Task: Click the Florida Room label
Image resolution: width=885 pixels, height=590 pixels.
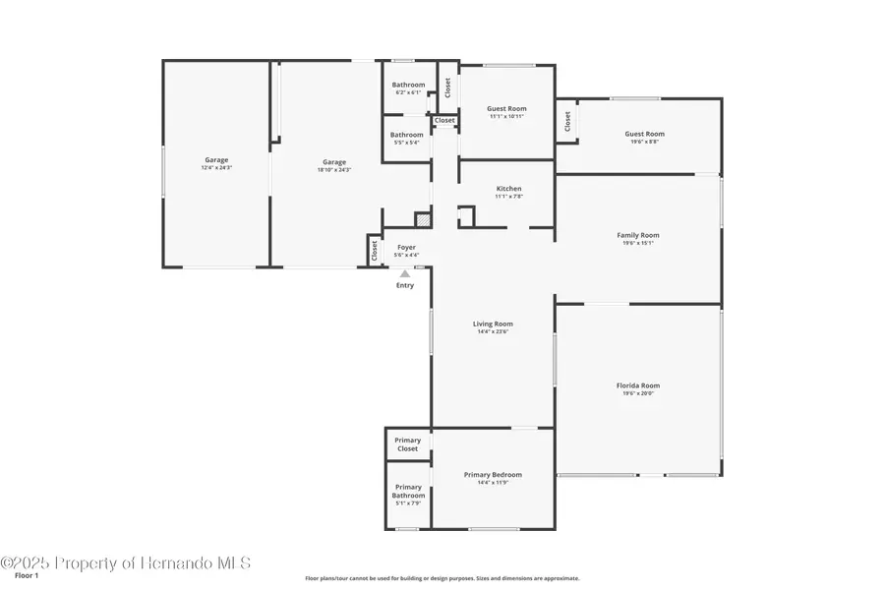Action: click(637, 386)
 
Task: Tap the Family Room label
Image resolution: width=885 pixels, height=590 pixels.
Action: click(637, 235)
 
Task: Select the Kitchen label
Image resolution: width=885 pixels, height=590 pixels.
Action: click(508, 188)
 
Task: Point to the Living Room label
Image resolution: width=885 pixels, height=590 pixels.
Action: click(494, 324)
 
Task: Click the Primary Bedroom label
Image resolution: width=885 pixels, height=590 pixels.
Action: click(493, 475)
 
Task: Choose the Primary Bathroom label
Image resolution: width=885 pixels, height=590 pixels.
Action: click(408, 491)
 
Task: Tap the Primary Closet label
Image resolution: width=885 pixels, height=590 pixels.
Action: click(407, 444)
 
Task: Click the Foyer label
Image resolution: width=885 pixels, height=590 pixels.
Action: click(406, 247)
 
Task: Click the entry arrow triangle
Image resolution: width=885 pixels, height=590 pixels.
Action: click(404, 273)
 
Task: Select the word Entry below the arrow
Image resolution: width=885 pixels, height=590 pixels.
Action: click(405, 285)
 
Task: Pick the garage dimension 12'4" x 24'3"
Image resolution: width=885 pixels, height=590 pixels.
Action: click(216, 168)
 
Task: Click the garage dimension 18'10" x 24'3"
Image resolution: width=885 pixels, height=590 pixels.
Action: click(334, 169)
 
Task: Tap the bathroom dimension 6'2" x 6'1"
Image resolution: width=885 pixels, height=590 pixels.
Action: click(407, 93)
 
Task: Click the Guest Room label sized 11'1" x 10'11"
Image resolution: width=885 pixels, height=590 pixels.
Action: click(507, 108)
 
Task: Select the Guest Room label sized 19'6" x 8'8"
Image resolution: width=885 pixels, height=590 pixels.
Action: click(644, 134)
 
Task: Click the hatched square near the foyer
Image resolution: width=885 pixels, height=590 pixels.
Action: click(423, 220)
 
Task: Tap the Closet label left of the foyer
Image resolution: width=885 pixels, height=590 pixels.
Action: click(375, 251)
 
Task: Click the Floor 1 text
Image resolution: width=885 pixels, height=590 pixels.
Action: click(27, 575)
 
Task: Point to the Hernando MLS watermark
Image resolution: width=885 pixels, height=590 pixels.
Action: click(126, 562)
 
